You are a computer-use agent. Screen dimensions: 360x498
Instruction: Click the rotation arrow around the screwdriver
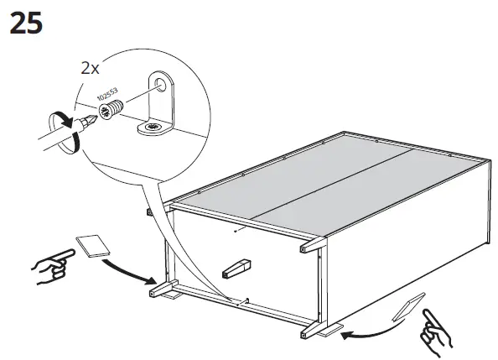(x=60, y=129)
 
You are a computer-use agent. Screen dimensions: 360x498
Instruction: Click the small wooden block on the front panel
(x=236, y=269)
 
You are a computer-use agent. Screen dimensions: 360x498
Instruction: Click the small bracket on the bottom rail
(x=246, y=300)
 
